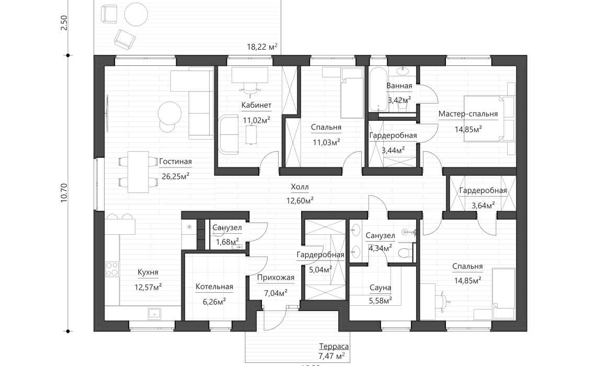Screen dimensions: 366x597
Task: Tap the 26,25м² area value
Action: pyautogui.click(x=175, y=176)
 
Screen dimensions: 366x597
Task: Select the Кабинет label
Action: pyautogui.click(x=256, y=105)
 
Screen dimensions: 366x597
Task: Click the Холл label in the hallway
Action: pyautogui.click(x=300, y=187)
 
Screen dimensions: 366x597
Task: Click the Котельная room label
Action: pyautogui.click(x=214, y=287)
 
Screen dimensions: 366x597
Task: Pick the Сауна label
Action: pyautogui.click(x=380, y=288)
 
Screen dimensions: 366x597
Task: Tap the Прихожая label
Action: pyautogui.click(x=276, y=278)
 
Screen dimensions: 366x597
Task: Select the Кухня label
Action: pyautogui.click(x=147, y=272)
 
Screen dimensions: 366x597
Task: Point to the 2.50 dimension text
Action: pyautogui.click(x=64, y=24)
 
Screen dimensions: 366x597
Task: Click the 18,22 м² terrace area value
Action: pyautogui.click(x=262, y=47)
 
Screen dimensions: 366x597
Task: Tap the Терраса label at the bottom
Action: pyautogui.click(x=334, y=346)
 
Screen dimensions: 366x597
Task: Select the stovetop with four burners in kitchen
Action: pyautogui.click(x=112, y=269)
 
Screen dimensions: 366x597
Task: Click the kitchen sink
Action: pyautogui.click(x=154, y=313)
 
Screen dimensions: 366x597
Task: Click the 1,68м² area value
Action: pyautogui.click(x=226, y=241)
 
